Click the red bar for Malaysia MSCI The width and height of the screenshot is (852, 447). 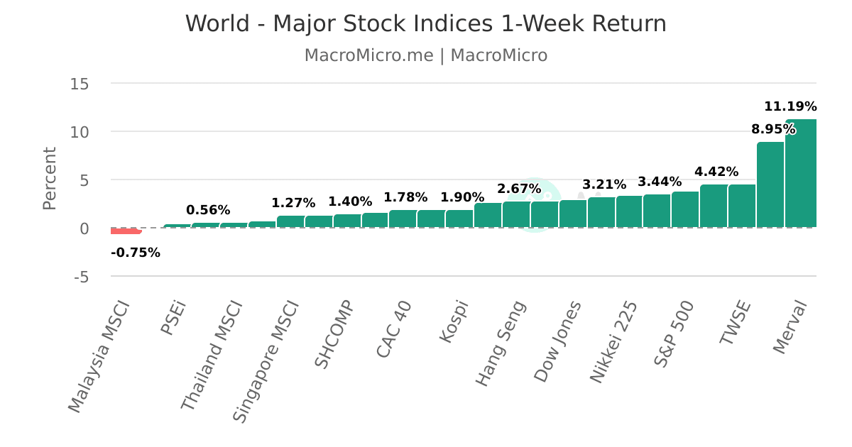coord(126,231)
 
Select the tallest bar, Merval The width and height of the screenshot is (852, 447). coord(801,174)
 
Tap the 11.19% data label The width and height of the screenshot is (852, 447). coord(790,107)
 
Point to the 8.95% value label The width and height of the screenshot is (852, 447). coord(773,130)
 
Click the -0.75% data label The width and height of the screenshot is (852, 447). coord(136,253)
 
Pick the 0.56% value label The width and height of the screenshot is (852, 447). coord(208,210)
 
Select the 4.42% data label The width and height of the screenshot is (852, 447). coord(716,172)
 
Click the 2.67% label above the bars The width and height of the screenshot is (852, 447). coord(519,189)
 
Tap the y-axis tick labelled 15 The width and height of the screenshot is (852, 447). coord(80,84)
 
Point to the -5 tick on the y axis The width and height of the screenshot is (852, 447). coord(81,277)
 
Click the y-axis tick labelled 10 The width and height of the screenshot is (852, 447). coord(80,132)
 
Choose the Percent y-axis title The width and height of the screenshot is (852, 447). coord(50,178)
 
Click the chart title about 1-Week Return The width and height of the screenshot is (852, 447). coord(426,23)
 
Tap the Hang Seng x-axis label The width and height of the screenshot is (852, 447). coord(501,343)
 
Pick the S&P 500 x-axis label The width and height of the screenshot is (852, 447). coord(673,333)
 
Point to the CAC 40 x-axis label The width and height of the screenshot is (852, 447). coord(393,329)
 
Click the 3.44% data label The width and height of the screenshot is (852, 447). coord(660,182)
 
